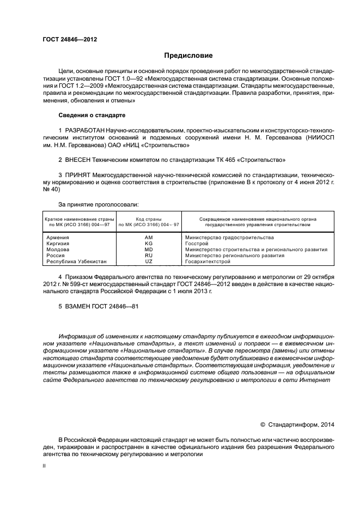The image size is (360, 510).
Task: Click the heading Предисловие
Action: click(x=188, y=56)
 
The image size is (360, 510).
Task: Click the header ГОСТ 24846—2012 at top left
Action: click(x=70, y=39)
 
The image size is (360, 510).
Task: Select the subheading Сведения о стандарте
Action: click(x=92, y=115)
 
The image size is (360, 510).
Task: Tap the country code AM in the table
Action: click(x=149, y=238)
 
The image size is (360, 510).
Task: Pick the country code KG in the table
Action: click(x=149, y=244)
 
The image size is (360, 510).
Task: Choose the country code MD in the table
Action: click(x=149, y=250)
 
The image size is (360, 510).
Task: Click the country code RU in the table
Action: click(x=149, y=256)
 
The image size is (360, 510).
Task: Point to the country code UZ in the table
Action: click(x=149, y=262)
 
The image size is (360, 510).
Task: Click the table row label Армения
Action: click(x=57, y=238)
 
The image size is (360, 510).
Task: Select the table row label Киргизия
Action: click(x=58, y=244)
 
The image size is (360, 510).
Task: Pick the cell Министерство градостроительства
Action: click(x=229, y=238)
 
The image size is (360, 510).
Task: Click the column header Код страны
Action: click(x=149, y=218)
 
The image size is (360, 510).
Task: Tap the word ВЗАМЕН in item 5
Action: click(x=77, y=306)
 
